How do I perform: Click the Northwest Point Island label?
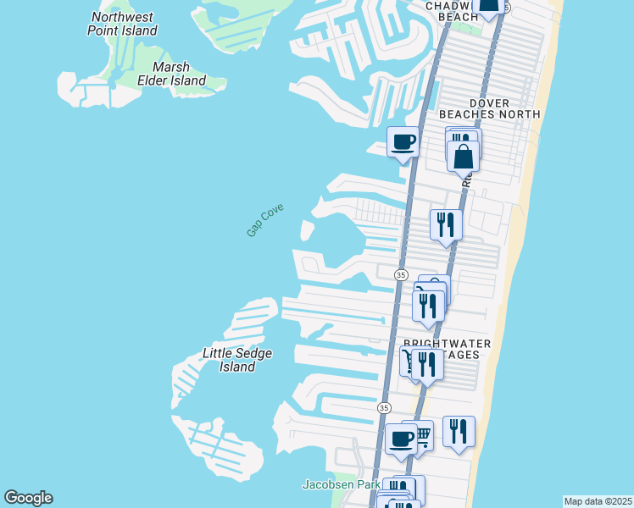(123, 24)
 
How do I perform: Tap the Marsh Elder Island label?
(179, 74)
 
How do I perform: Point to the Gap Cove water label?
(264, 219)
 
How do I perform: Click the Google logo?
(28, 498)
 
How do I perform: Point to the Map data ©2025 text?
(598, 501)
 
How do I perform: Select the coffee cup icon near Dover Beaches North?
(403, 141)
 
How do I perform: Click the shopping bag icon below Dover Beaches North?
(464, 156)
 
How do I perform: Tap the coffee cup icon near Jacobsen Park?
(401, 439)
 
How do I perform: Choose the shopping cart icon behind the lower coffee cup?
(420, 435)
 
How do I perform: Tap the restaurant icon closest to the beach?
(459, 431)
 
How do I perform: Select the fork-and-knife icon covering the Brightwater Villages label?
(426, 364)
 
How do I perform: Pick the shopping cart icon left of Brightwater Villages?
(409, 361)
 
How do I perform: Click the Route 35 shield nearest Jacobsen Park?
(384, 408)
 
